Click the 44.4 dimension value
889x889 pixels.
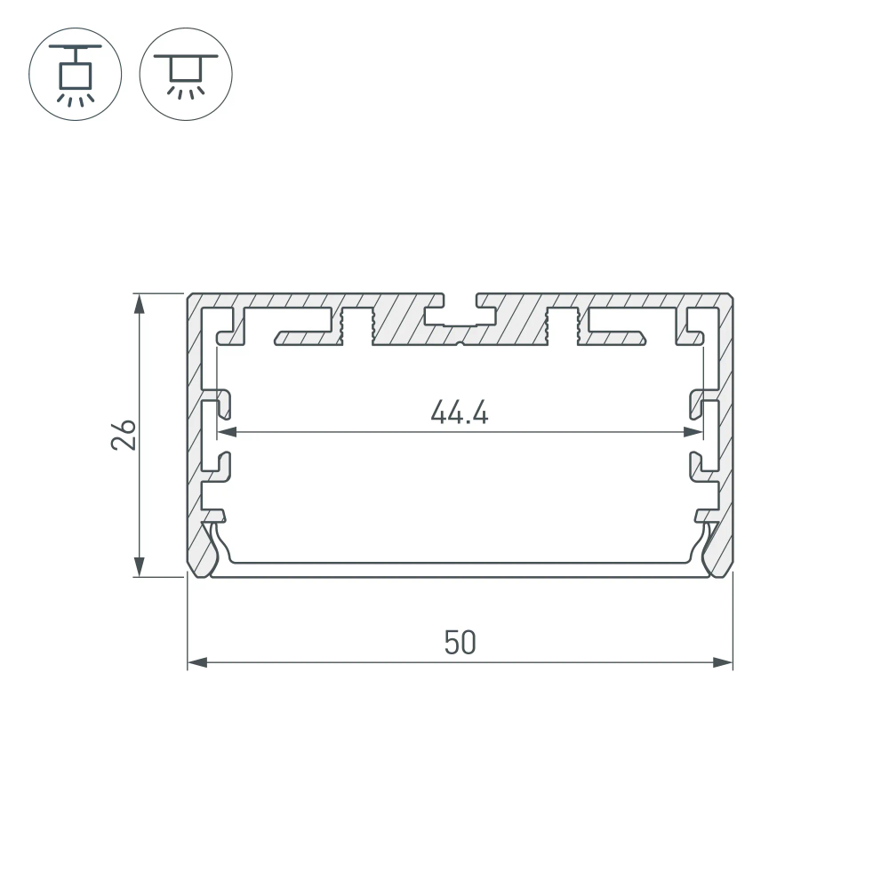click(x=460, y=412)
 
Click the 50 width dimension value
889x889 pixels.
click(x=460, y=643)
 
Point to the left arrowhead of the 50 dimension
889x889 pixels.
click(x=196, y=662)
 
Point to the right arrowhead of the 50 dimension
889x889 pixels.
click(x=723, y=662)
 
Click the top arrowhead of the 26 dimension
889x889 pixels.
click(x=139, y=304)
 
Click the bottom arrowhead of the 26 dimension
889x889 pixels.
click(x=139, y=565)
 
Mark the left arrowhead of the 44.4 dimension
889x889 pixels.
click(x=227, y=433)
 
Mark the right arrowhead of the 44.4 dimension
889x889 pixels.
click(x=692, y=433)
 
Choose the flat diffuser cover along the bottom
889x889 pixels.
click(x=460, y=570)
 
